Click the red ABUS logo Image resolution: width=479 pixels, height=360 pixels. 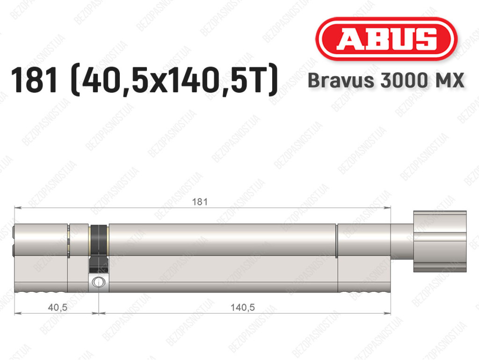(386, 39)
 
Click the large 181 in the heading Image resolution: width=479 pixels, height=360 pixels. (34, 81)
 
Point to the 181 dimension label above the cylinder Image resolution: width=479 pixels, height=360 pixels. (199, 202)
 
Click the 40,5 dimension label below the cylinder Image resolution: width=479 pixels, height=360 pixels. (58, 307)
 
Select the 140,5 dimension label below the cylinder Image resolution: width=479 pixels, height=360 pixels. (243, 307)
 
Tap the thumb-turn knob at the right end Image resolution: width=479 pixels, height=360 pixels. (440, 241)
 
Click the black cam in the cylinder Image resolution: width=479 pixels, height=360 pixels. (98, 248)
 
